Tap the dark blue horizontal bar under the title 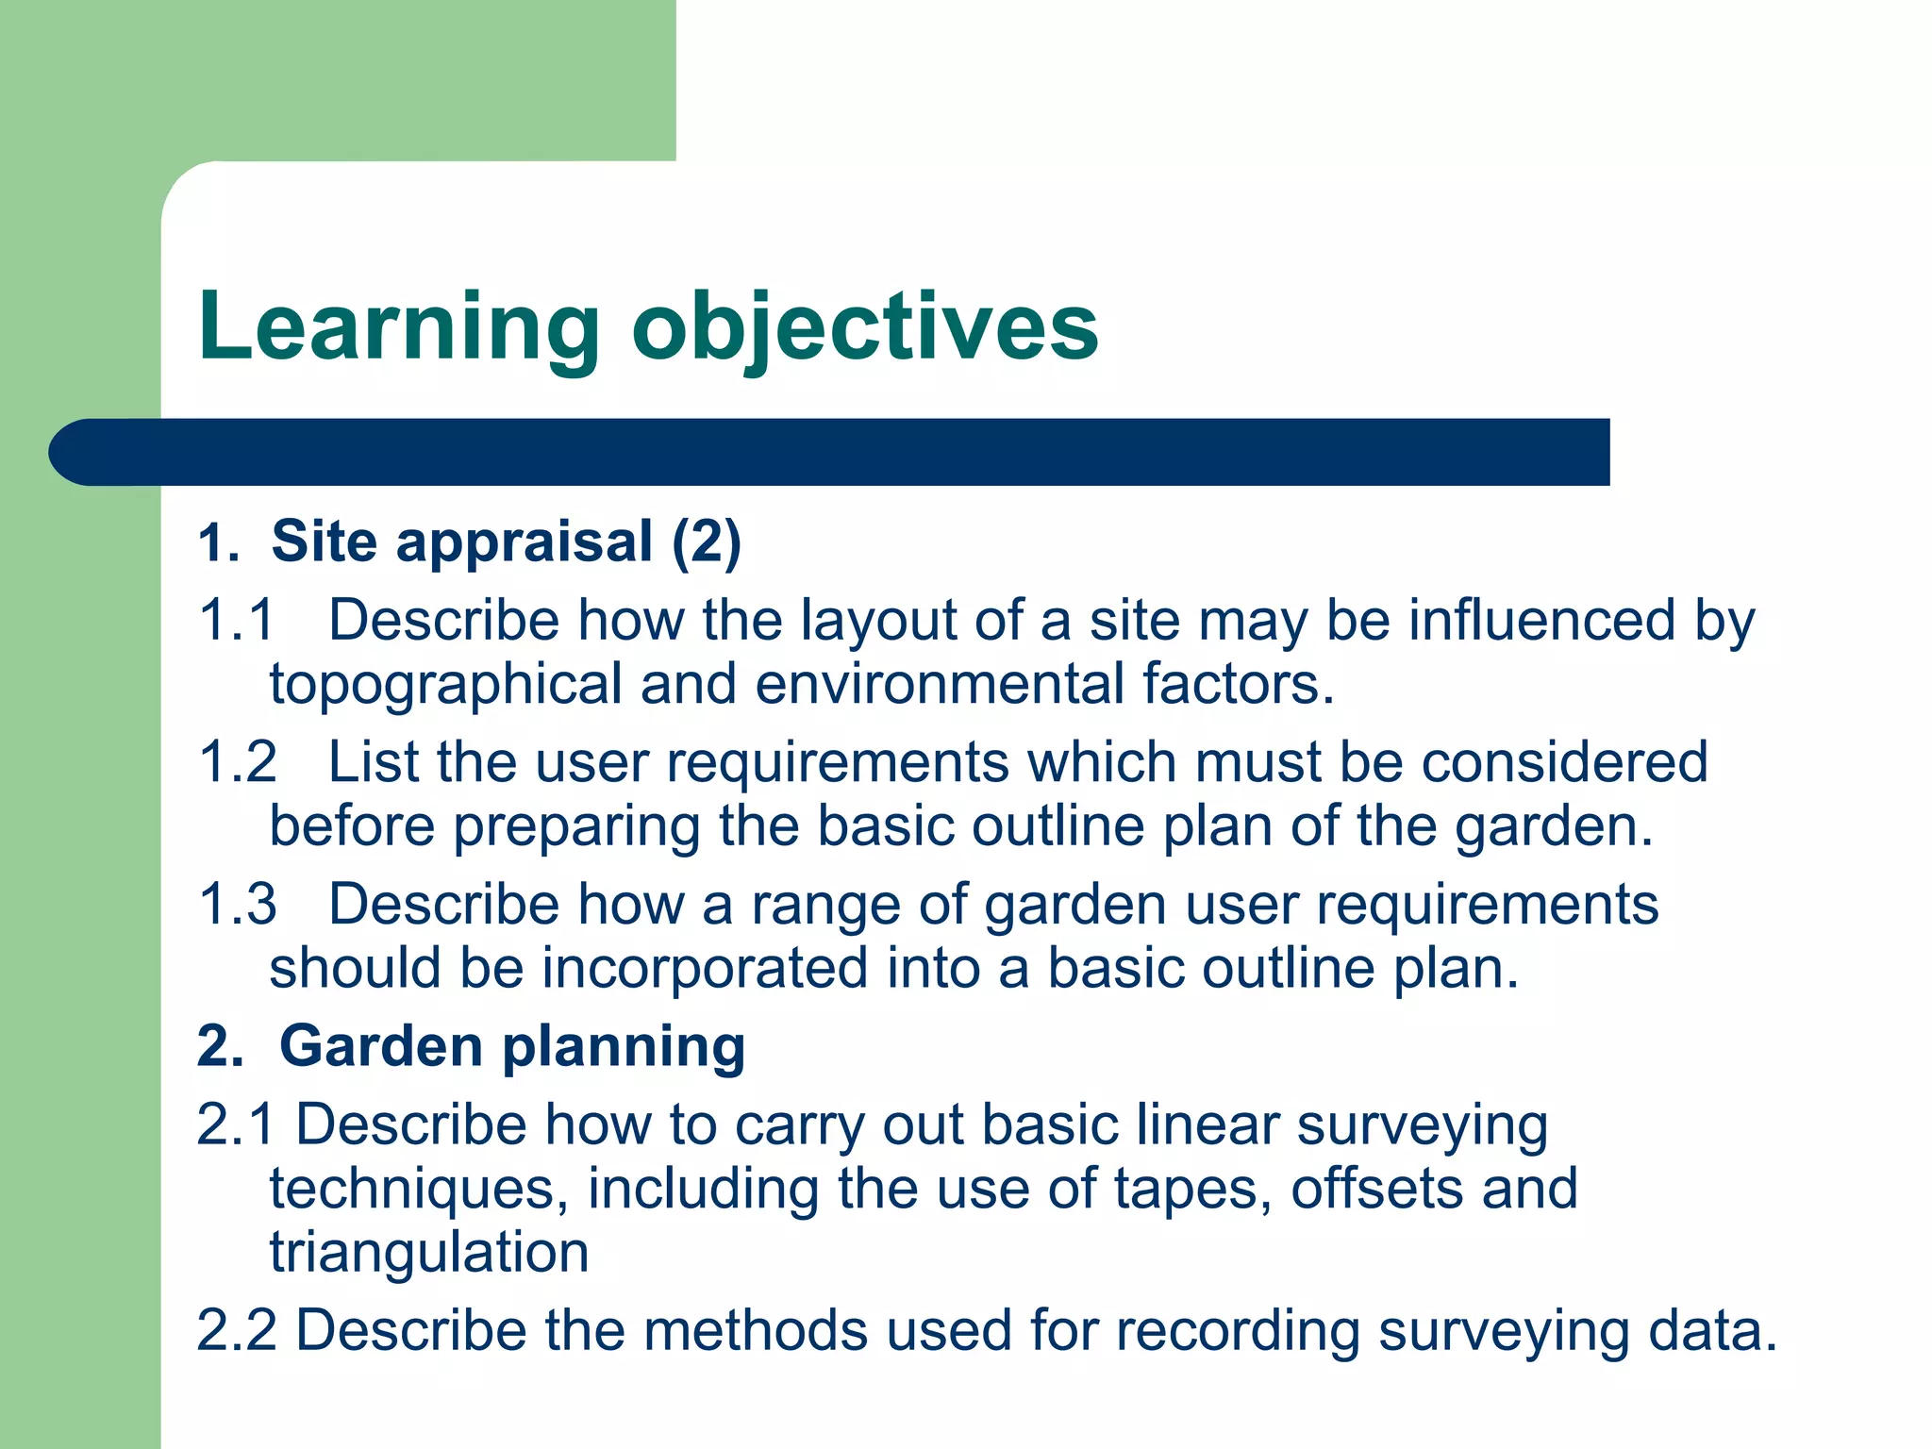click(x=830, y=452)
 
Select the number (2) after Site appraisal click(x=707, y=543)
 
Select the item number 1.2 click(x=238, y=762)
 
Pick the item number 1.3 click(x=238, y=905)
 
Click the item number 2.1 click(x=236, y=1125)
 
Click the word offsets click(x=1377, y=1189)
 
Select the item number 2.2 click(x=237, y=1330)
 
